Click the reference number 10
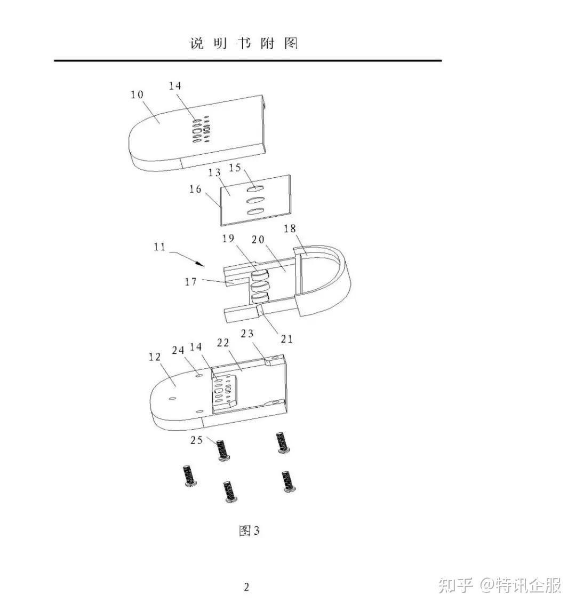click(x=137, y=94)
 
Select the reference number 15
click(x=235, y=168)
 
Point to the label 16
click(x=195, y=189)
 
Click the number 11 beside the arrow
click(x=159, y=247)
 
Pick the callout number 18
click(x=290, y=228)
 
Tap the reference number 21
click(x=287, y=338)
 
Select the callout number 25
click(x=197, y=440)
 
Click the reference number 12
click(x=155, y=357)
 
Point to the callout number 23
click(x=247, y=334)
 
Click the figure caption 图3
click(x=249, y=531)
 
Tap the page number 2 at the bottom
click(x=246, y=588)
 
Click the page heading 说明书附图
click(x=244, y=43)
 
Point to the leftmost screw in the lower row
click(x=188, y=474)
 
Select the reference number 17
click(x=191, y=282)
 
